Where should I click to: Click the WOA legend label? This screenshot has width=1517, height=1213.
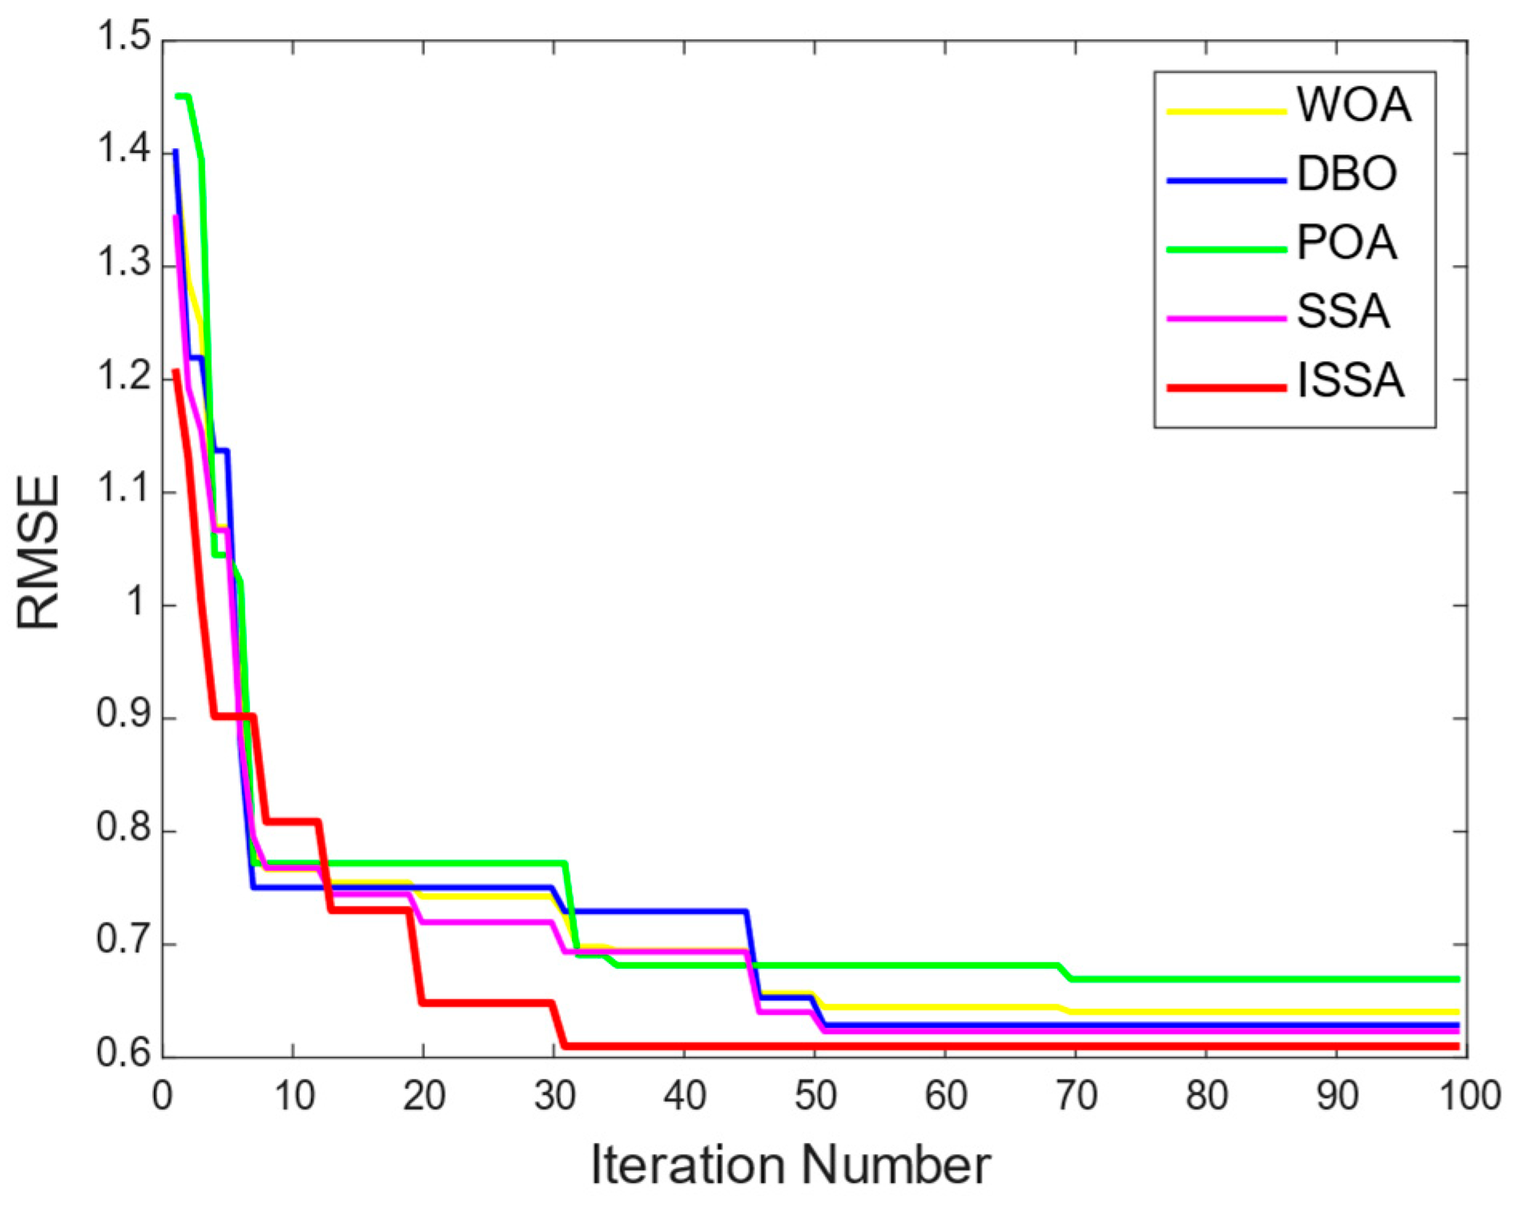1353,105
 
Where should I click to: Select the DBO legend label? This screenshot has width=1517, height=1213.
1346,174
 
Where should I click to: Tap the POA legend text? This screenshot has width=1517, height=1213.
1346,243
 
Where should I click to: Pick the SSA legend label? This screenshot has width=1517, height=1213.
1342,311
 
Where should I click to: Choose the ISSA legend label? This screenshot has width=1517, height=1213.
1350,380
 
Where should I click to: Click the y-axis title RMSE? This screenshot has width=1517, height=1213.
38,552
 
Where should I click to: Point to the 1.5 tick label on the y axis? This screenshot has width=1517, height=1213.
124,38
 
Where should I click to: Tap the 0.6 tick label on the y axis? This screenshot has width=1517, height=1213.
124,1053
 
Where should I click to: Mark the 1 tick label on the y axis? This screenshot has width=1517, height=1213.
137,602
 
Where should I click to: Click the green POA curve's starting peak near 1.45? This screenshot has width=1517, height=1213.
182,97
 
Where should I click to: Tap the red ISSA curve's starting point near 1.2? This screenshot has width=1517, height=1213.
176,372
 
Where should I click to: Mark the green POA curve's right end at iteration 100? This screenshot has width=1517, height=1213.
1458,979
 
